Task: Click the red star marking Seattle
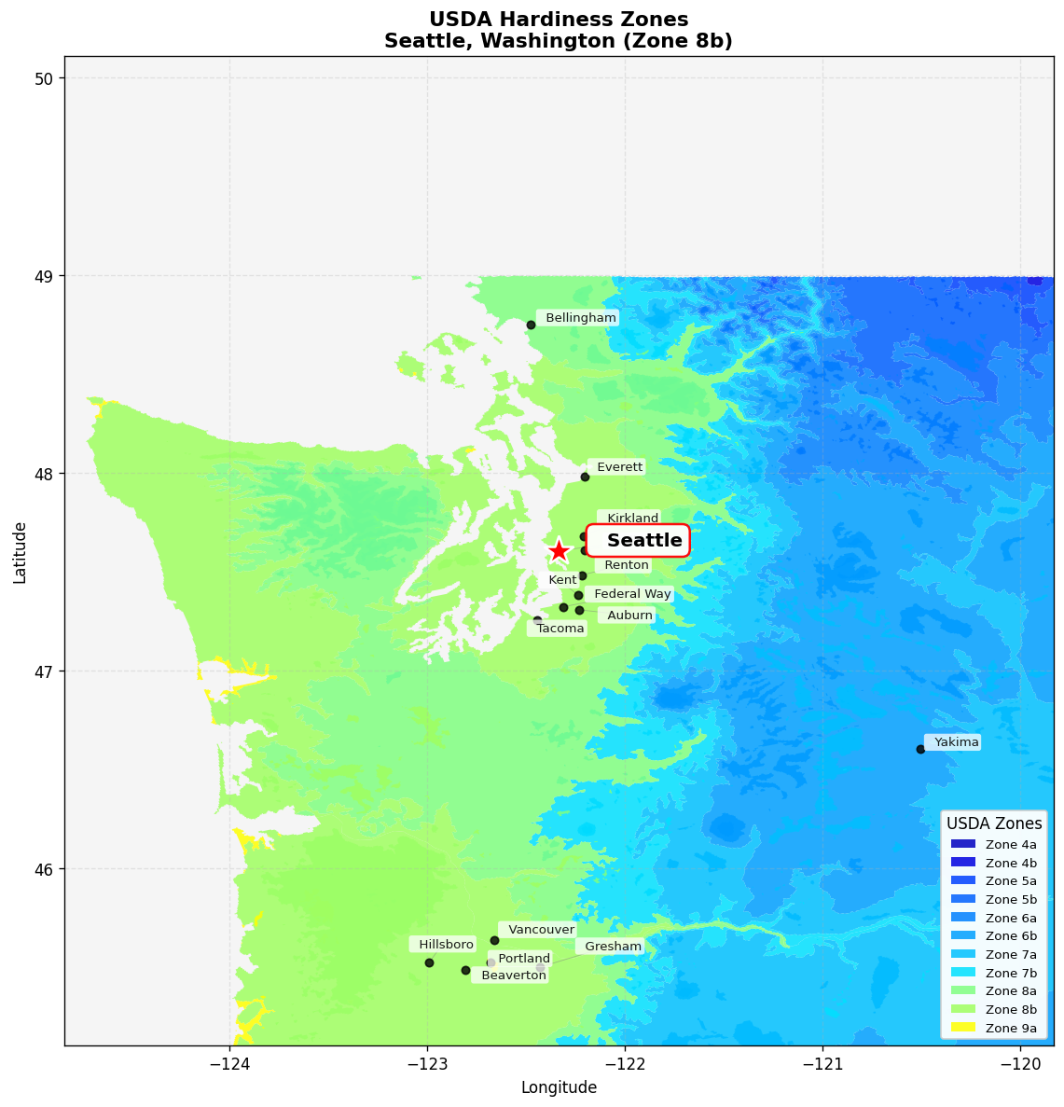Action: click(559, 551)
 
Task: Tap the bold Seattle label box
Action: click(639, 541)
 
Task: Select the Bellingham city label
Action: click(580, 318)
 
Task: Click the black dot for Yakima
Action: click(920, 749)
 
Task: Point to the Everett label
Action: click(619, 467)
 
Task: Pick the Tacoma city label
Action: click(560, 629)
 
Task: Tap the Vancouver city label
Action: click(541, 930)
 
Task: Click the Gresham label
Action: click(613, 947)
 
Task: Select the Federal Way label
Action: click(632, 594)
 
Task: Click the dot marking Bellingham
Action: click(531, 325)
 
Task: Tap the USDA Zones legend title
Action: click(994, 823)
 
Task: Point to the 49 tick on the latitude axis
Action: click(44, 276)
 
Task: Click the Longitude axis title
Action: click(559, 1087)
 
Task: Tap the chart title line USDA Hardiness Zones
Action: click(559, 20)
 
